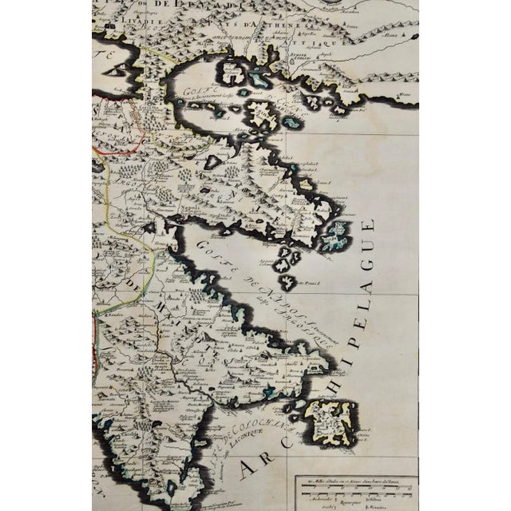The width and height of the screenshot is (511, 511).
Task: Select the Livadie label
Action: pyautogui.click(x=132, y=37)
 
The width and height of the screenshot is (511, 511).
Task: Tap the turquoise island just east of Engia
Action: pyautogui.click(x=291, y=122)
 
